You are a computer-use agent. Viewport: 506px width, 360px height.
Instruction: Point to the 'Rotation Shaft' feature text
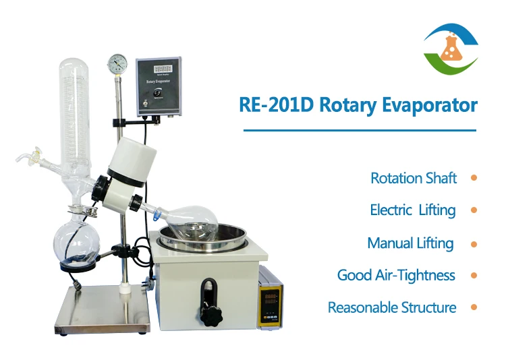pyautogui.click(x=414, y=179)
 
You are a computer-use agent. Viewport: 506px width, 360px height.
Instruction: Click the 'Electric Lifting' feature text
pyautogui.click(x=413, y=210)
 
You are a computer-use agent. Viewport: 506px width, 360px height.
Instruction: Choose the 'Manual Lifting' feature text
pyautogui.click(x=410, y=243)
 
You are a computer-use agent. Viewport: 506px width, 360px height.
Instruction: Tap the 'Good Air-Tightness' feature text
pyautogui.click(x=396, y=275)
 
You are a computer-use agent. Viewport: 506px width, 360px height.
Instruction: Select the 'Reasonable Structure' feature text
pyautogui.click(x=392, y=307)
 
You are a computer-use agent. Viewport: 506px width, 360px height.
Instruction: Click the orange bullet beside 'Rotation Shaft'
pyautogui.click(x=474, y=178)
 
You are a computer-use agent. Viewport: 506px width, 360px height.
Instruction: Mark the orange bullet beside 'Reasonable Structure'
pyautogui.click(x=474, y=307)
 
